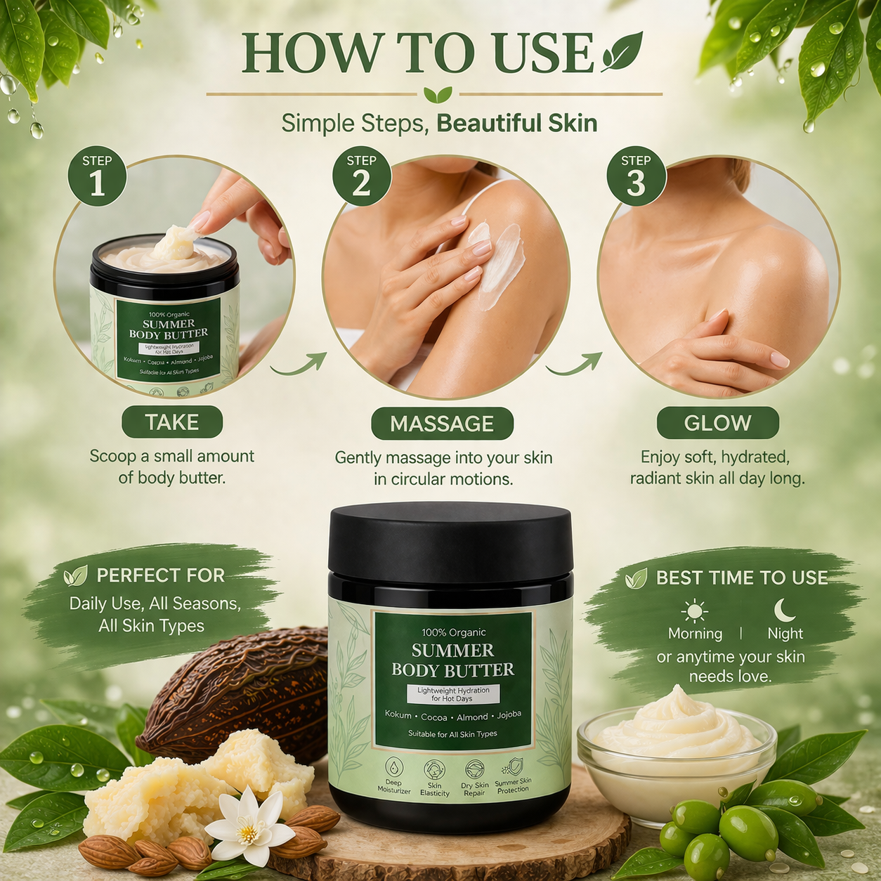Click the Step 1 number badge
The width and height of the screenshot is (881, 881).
tap(97, 176)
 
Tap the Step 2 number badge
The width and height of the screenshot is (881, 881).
tap(361, 176)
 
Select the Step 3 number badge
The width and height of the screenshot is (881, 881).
tap(636, 176)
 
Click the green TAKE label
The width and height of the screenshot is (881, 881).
tap(172, 422)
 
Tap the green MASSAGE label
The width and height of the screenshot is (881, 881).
tap(442, 424)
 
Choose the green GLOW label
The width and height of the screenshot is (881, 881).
tap(717, 423)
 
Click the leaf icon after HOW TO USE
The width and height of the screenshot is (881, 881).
tap(622, 53)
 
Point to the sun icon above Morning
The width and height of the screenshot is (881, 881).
tap(694, 611)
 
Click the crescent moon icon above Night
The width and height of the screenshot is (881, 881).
tap(784, 610)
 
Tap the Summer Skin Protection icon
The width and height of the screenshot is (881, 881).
tap(514, 766)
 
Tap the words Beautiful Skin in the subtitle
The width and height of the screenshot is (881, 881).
tap(516, 124)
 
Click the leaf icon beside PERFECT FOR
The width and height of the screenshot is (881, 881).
tap(75, 576)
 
